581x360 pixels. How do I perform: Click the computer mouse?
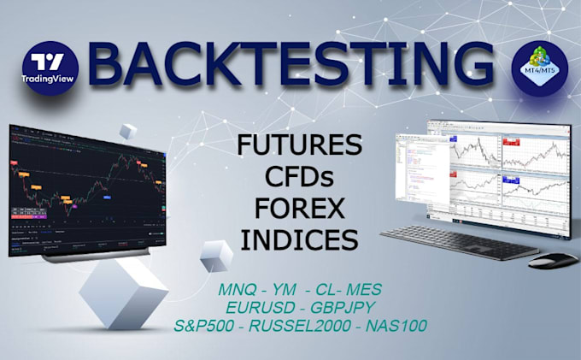coord(552,259)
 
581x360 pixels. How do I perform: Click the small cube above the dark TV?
coord(127,132)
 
